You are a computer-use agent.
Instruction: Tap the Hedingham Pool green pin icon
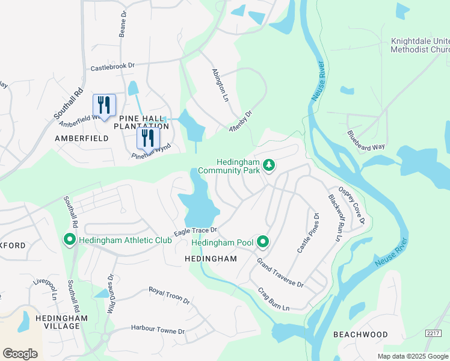(x=263, y=242)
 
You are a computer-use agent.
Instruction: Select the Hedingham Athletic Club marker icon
(x=69, y=241)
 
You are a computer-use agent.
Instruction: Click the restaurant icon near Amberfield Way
(x=104, y=105)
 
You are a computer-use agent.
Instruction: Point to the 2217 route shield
(x=433, y=333)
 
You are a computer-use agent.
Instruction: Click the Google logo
(x=20, y=353)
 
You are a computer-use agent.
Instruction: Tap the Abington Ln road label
(x=220, y=84)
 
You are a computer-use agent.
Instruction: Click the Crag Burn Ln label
(x=274, y=300)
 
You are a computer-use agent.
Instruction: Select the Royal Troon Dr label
(x=169, y=295)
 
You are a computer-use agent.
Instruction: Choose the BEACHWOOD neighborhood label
(x=361, y=334)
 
